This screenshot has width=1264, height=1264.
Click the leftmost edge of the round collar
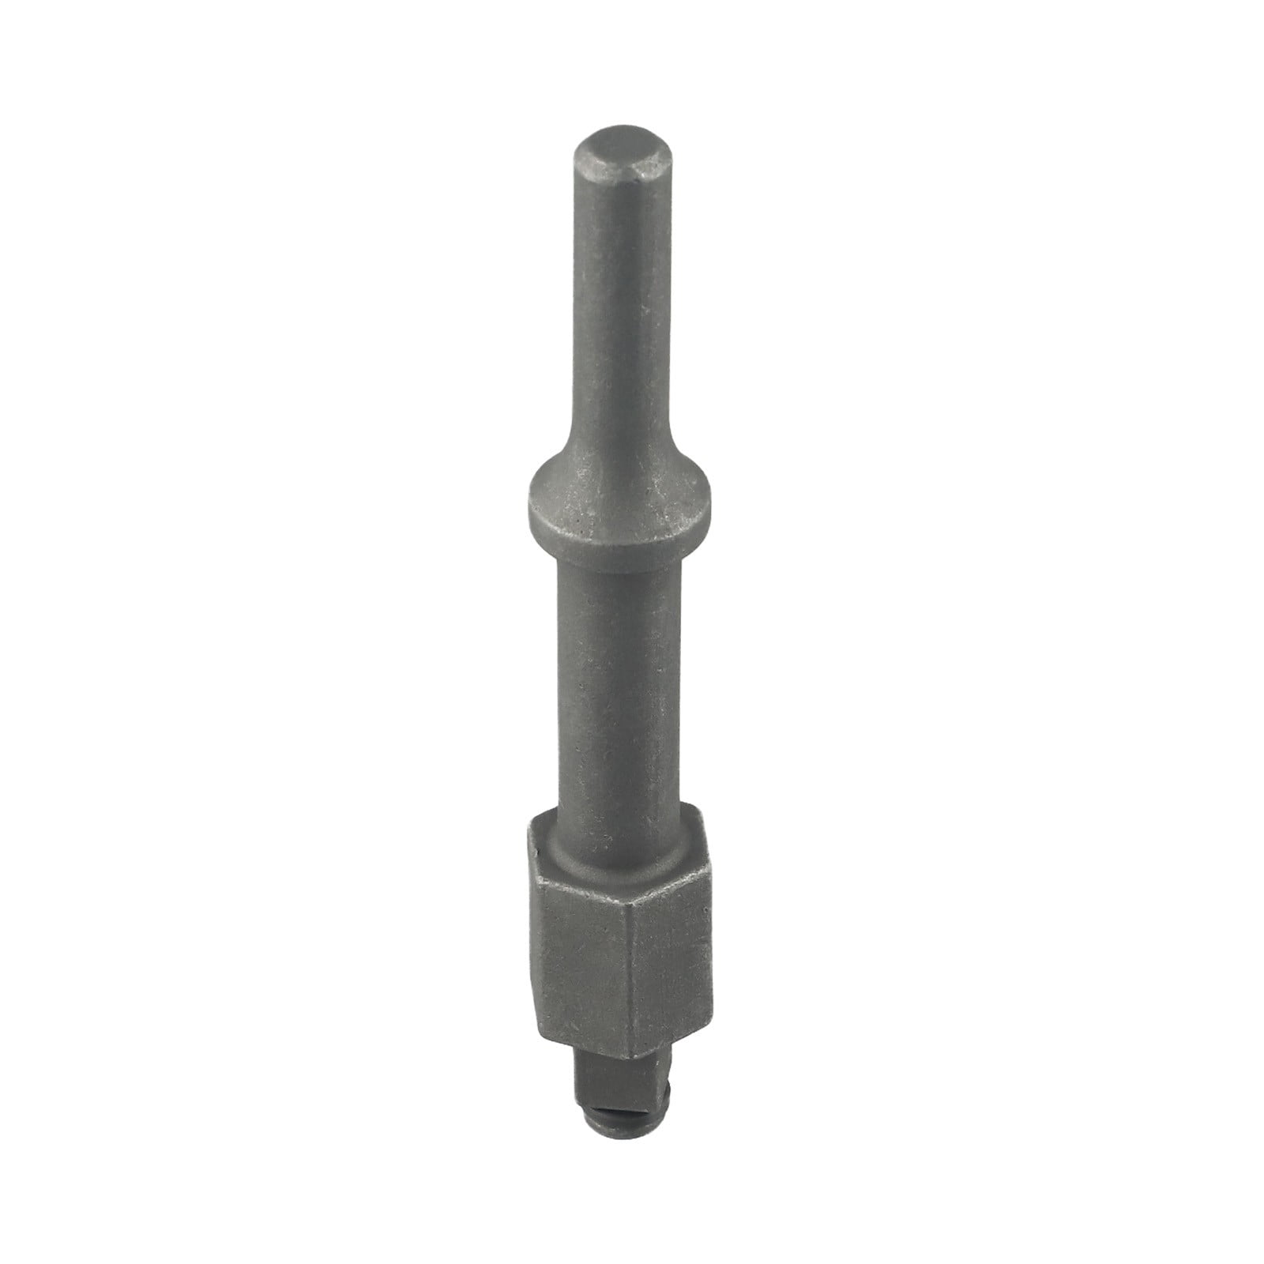[522, 499]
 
